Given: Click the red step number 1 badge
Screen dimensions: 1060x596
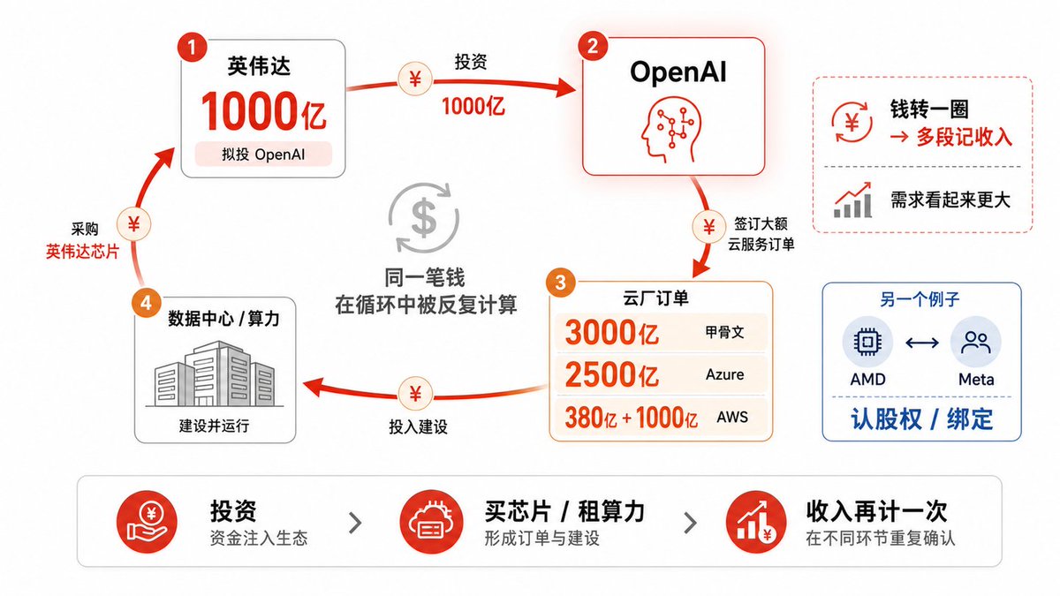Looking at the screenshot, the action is point(193,47).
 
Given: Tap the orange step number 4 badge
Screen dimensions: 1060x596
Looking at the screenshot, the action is point(147,303).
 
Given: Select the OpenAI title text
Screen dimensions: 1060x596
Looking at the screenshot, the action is point(678,72).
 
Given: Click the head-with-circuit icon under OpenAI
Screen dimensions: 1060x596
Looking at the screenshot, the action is point(670,130).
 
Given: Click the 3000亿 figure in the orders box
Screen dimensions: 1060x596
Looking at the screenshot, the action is point(611,332).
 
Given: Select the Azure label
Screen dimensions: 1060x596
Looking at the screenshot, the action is point(724,374).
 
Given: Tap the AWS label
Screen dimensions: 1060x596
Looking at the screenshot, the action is point(732,417).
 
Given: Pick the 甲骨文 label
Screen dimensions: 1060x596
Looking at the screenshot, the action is point(724,332).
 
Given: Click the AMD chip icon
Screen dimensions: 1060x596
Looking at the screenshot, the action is point(867,342).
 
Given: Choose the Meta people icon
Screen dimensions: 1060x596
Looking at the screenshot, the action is point(975,342).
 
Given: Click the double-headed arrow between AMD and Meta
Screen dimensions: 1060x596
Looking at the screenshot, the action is point(922,342).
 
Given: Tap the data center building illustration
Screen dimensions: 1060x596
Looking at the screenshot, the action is point(215,373).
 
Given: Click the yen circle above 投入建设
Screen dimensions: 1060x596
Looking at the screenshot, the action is point(415,394).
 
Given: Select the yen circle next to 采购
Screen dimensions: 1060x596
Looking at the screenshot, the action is point(134,223).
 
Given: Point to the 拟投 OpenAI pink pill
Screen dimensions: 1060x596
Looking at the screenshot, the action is point(263,155).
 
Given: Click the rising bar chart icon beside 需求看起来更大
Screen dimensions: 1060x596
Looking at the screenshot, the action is point(852,200).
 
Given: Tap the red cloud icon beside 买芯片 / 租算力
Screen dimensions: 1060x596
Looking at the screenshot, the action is point(430,522).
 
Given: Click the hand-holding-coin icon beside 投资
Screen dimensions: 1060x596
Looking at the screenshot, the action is point(148,522).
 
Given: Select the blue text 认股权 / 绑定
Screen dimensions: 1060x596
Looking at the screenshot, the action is point(921,419).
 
